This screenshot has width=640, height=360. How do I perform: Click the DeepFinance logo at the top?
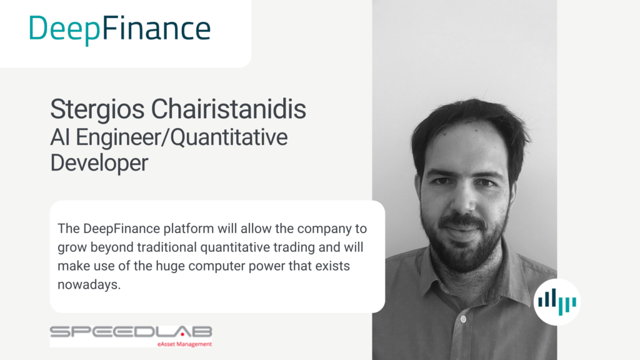point(119,29)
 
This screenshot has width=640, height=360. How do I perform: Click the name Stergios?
point(97,110)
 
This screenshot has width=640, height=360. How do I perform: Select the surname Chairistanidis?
point(229,109)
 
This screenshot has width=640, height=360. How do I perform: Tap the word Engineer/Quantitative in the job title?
point(182,138)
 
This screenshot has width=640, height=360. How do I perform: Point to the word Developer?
point(99,163)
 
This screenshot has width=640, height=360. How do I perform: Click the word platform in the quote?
point(188,229)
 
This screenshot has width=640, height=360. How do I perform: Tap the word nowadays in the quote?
point(89,284)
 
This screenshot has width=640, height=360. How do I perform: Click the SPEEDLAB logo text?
point(131,332)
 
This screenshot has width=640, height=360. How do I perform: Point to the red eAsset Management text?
point(184,344)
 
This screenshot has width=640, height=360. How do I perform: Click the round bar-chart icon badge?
point(557,302)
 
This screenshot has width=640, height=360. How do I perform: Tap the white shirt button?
point(463,319)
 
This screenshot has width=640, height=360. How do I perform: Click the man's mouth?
point(462,229)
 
